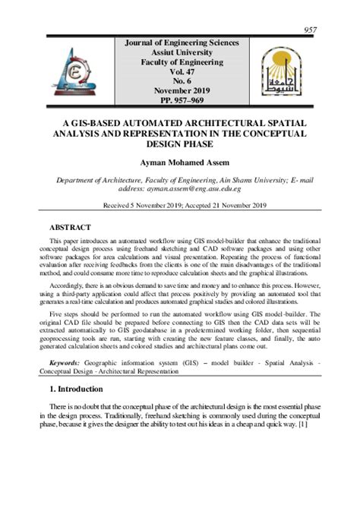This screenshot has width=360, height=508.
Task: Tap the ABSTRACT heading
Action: [70, 227]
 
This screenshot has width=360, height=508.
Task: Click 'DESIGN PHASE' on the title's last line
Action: [180, 144]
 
